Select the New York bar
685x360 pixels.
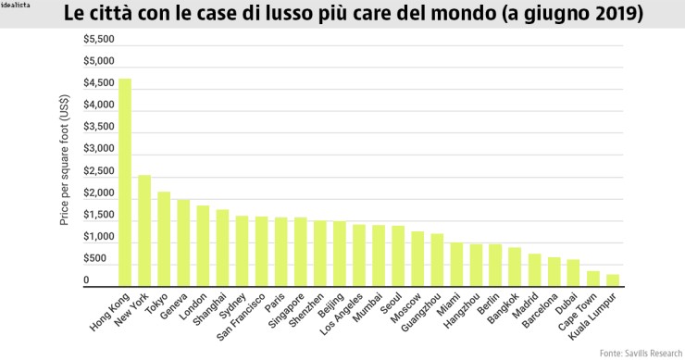144,231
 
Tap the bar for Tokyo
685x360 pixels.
164,240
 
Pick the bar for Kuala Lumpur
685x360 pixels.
612,280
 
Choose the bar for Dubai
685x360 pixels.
573,273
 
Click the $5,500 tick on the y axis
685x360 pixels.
99,40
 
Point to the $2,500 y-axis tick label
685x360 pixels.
99,172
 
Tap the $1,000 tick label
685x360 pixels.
99,238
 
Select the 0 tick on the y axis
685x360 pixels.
87,280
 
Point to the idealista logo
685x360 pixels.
17,6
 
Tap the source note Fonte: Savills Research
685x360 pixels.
640,353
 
